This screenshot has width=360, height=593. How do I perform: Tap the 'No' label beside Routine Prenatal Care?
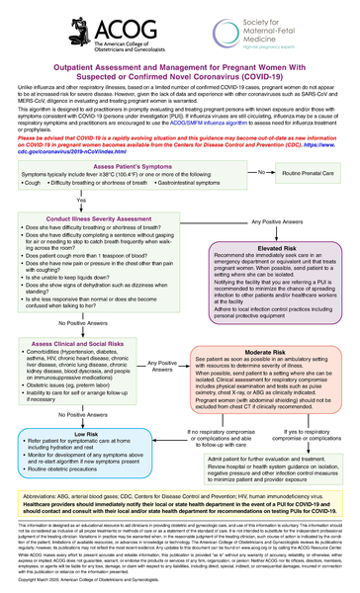point(259,171)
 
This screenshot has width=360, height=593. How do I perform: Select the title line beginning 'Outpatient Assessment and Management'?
point(179,79)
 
